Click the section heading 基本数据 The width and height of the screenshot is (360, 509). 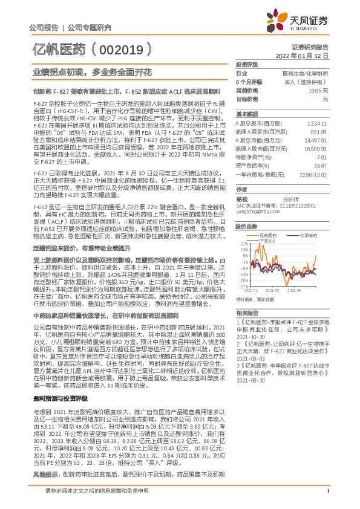click(x=246, y=114)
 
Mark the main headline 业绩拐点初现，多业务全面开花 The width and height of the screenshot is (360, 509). click(x=91, y=72)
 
